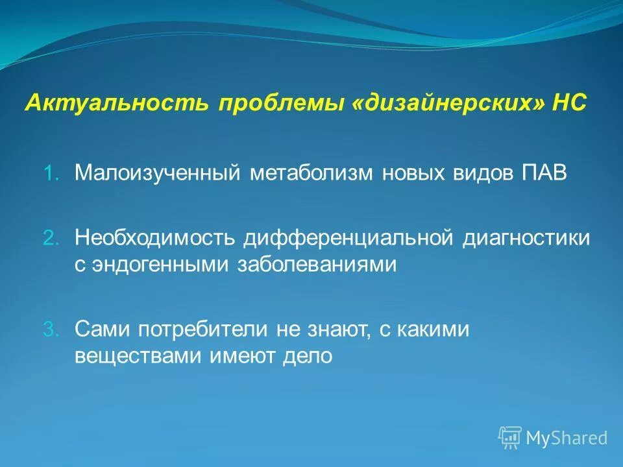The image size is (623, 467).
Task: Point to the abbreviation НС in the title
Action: pyautogui.click(x=568, y=104)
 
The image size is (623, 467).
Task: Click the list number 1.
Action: pyautogui.click(x=51, y=174)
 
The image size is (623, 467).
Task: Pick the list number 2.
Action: pyautogui.click(x=51, y=238)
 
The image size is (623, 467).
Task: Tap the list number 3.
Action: pyautogui.click(x=51, y=329)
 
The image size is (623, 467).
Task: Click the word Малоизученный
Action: pyautogui.click(x=158, y=173)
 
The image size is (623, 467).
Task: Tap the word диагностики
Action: pyautogui.click(x=526, y=237)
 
